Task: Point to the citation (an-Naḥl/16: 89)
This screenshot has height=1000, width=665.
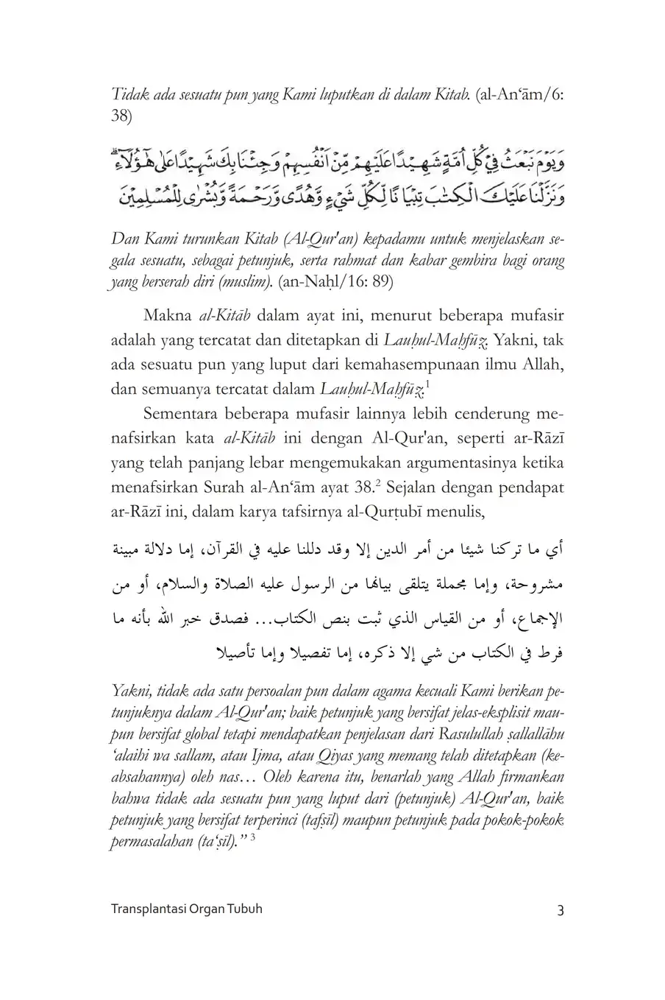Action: point(337,281)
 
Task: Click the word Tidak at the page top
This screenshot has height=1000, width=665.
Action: point(127,94)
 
